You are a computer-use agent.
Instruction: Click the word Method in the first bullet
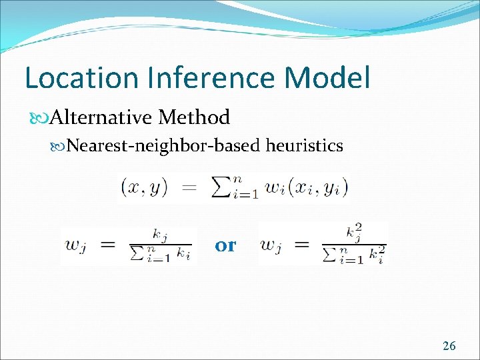pos(194,118)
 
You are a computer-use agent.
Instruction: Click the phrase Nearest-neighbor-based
pos(164,145)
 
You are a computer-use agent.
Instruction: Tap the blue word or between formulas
pos(225,245)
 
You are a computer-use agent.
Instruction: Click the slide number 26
pos(449,345)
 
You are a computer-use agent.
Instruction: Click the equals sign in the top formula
pos(189,189)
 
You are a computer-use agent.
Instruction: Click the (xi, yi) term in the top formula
pos(323,189)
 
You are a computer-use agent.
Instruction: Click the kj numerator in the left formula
pos(160,235)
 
